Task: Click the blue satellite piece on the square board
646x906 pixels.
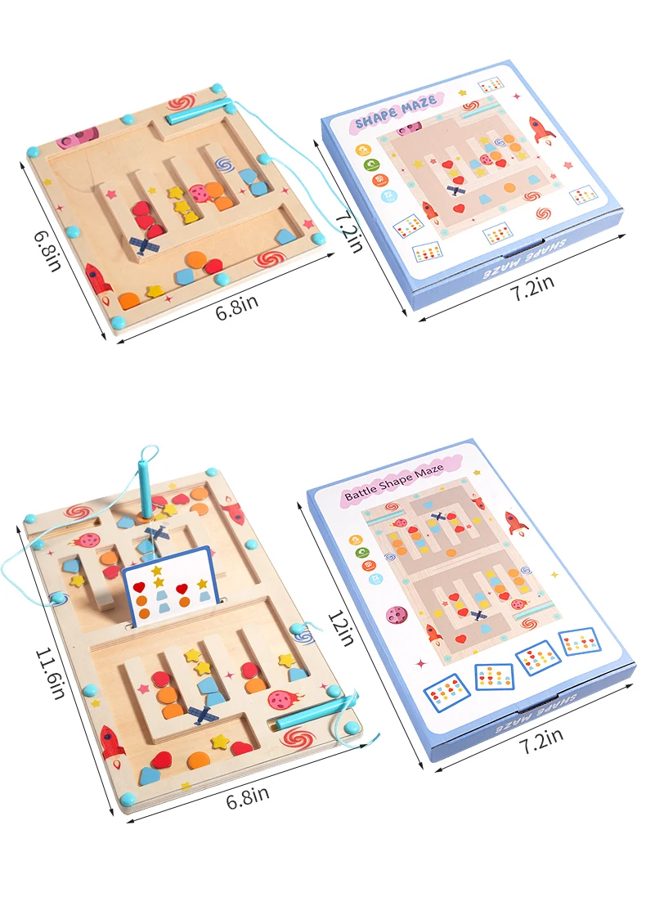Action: [x=144, y=245]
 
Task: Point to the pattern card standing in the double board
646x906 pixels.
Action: [x=167, y=587]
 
